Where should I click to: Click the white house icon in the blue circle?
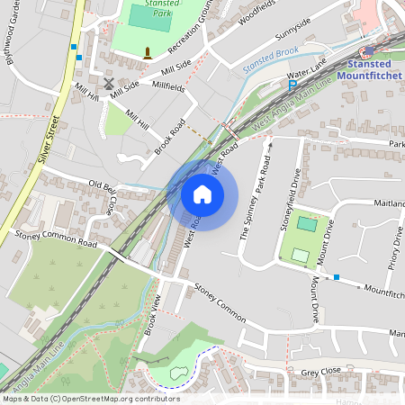click(x=202, y=193)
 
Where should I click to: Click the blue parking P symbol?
click(x=292, y=84)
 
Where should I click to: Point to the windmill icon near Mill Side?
click(x=109, y=83)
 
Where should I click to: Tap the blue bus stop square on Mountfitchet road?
click(x=336, y=276)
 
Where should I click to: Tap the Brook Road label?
click(x=169, y=136)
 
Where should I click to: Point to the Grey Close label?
click(x=321, y=372)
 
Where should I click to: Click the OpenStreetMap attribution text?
click(x=91, y=399)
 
